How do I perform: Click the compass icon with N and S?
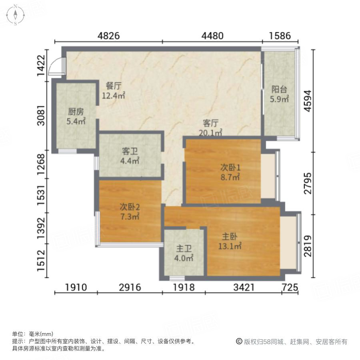15,15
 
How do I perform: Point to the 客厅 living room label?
211,123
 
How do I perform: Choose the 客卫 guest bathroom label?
130,152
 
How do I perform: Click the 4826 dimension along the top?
109,36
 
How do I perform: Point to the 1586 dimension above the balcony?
280,36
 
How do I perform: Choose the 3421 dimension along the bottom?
243,287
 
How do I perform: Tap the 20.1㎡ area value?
211,132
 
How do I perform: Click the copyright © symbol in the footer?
239,342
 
